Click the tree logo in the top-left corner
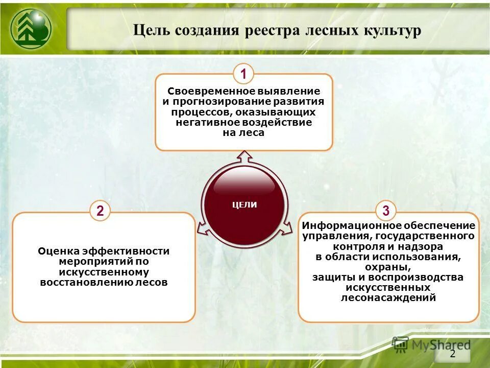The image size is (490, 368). click(30, 30)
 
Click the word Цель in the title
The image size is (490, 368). click(152, 30)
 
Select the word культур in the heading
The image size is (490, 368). click(392, 30)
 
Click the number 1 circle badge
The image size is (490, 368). click(244, 75)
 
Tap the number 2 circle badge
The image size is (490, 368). click(100, 211)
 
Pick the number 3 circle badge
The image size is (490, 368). click(386, 211)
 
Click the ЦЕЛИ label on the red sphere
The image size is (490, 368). click(244, 205)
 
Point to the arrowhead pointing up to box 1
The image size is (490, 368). click(244, 154)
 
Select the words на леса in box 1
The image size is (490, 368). click(244, 132)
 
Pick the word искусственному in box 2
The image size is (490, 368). click(104, 272)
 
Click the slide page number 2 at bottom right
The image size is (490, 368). click(452, 355)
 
